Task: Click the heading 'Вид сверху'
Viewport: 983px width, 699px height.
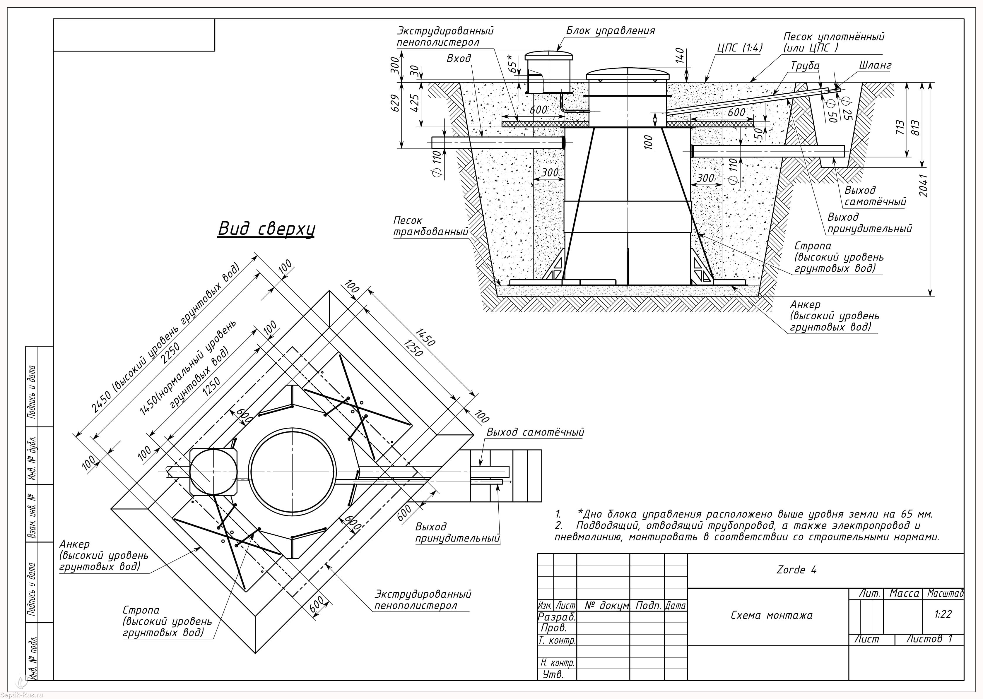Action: pos(266,229)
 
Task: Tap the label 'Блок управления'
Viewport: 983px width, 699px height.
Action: pos(610,30)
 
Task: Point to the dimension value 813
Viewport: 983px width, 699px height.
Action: pos(915,128)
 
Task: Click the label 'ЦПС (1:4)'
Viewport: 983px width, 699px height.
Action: pos(739,48)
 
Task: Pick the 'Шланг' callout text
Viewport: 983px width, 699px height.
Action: pos(875,66)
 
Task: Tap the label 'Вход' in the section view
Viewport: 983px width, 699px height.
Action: pos(459,59)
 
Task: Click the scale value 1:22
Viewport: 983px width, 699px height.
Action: pos(943,614)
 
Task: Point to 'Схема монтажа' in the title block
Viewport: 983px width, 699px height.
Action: pos(772,615)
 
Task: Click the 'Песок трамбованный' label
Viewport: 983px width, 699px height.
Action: pos(430,226)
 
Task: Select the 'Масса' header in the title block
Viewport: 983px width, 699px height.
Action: pos(904,593)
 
